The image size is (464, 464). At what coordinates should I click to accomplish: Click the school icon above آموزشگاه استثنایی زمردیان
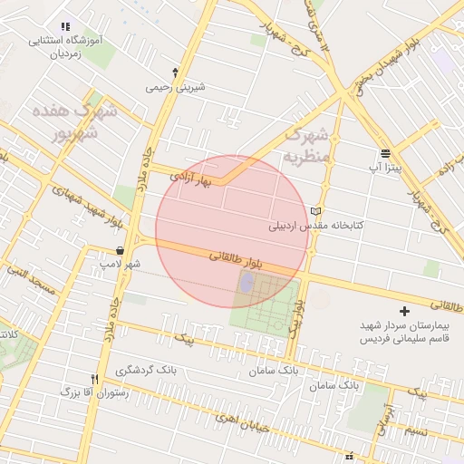click(x=63, y=27)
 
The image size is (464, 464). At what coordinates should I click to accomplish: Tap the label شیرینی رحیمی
click(x=176, y=88)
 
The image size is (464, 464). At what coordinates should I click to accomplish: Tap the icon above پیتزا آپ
click(x=385, y=151)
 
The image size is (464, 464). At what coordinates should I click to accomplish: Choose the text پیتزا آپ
click(x=385, y=168)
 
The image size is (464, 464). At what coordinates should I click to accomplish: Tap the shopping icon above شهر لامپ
click(x=120, y=251)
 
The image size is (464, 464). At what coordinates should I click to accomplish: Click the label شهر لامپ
click(x=121, y=265)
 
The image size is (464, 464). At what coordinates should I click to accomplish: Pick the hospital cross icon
click(x=404, y=311)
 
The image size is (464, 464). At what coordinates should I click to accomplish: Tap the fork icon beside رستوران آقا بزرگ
click(x=93, y=379)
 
